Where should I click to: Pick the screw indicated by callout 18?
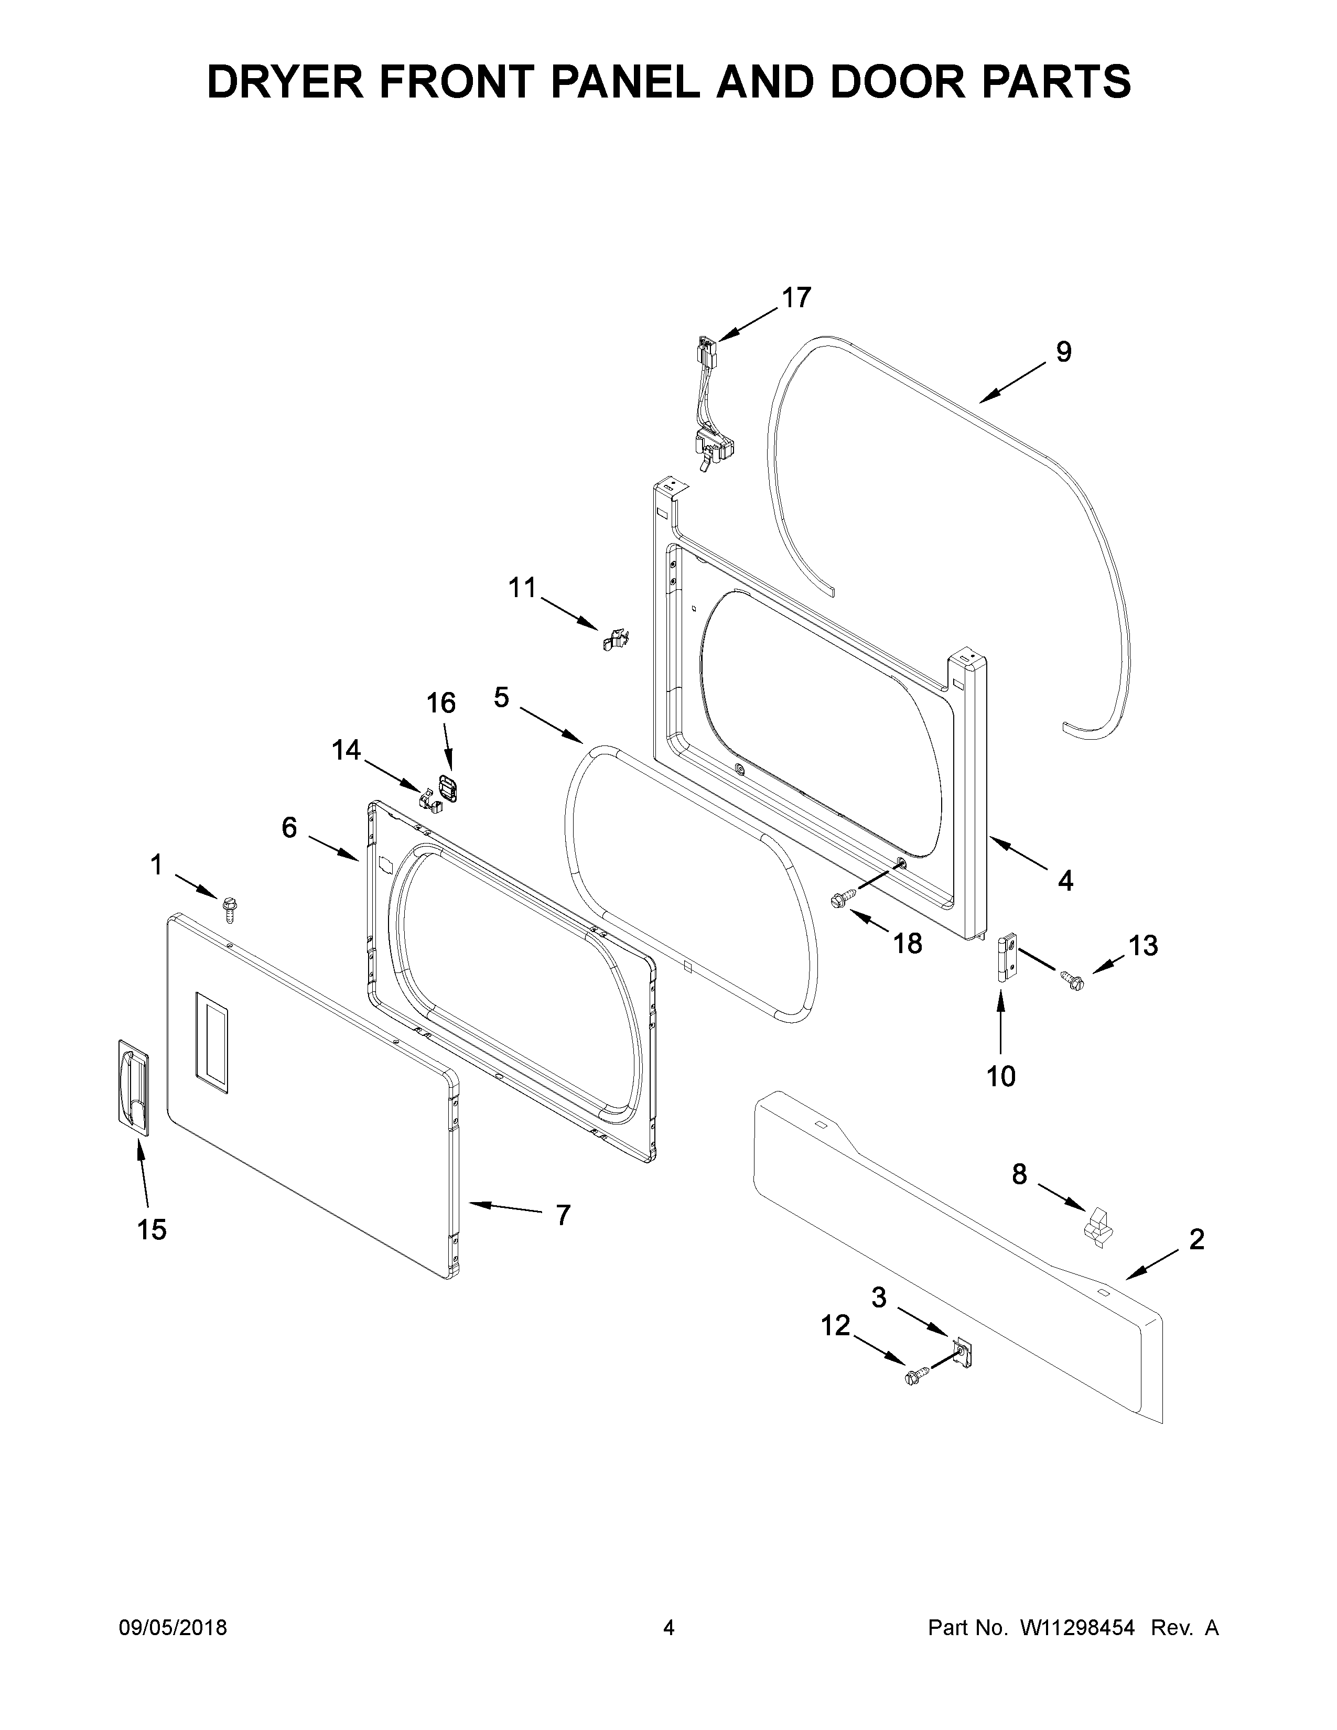tap(840, 898)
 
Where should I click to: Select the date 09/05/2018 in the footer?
tap(172, 1628)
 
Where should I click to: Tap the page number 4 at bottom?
tap(668, 1628)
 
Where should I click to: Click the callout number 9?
tap(1063, 352)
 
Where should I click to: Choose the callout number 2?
tap(1196, 1239)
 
